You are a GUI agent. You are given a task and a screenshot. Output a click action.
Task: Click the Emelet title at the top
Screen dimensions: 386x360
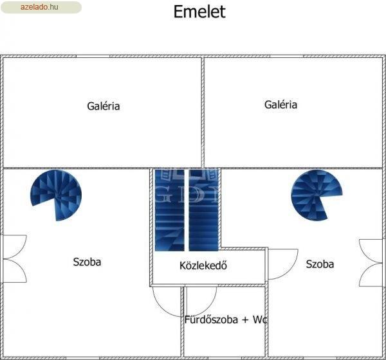coord(199,12)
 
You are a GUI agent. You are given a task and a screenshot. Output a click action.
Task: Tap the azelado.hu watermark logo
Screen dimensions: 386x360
coord(41,7)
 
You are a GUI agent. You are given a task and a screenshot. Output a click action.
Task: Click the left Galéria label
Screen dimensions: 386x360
coord(104,106)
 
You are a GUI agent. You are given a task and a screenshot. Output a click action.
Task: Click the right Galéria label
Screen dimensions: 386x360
coord(280,105)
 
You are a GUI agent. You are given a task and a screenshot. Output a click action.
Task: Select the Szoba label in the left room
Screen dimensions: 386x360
coord(87,262)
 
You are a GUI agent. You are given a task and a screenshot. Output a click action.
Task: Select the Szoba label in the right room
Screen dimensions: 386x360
coord(320,264)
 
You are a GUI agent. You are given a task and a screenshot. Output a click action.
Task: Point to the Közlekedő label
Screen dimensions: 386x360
coord(203,265)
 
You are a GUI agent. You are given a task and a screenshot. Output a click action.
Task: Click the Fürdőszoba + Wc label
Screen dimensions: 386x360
coord(226,319)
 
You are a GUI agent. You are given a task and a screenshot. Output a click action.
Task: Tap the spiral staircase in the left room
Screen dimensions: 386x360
coord(56,195)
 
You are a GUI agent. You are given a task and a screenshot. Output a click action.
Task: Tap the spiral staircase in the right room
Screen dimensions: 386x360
coord(317,195)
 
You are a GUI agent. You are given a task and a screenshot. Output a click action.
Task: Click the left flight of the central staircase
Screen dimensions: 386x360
coord(170,210)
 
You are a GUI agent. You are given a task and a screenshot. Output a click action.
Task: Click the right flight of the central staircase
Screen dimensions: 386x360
coord(203,210)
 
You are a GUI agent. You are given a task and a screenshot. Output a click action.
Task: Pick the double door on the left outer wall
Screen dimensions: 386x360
coord(14,259)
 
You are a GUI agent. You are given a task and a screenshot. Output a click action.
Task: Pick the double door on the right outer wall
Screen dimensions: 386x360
coord(371,263)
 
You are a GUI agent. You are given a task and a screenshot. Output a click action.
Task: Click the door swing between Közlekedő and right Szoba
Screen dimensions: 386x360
coord(282,264)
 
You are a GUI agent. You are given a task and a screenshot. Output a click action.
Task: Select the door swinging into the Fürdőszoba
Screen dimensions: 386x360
coord(201,301)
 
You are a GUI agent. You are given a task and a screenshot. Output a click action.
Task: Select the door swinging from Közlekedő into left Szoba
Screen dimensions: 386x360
coord(167,301)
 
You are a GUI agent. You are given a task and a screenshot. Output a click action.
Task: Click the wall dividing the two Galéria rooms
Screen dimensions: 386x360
coord(203,113)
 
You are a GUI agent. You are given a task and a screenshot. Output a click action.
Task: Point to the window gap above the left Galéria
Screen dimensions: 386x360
coord(93,57)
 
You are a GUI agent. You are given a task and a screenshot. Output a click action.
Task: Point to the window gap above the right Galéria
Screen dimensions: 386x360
coord(286,57)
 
